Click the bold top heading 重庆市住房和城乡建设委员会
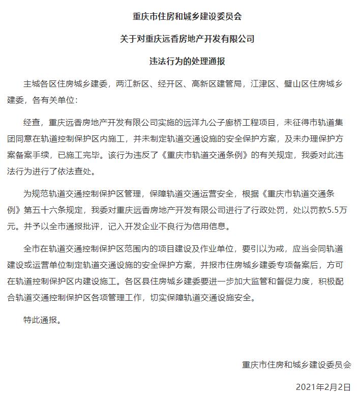(180, 16)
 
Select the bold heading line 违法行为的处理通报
(180, 61)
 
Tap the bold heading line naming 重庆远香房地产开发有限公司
(180, 39)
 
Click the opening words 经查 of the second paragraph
(32, 122)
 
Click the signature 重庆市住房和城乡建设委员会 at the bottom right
(296, 364)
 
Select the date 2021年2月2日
(323, 386)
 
